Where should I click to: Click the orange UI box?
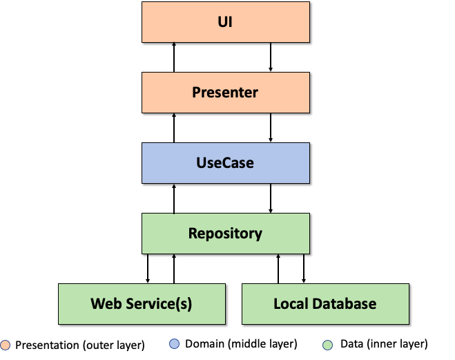225,22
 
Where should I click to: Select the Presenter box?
225,93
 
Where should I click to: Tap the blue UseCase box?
225,163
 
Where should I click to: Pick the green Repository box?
225,234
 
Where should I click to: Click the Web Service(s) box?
142,304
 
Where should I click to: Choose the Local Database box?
325,304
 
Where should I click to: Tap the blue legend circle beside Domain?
175,343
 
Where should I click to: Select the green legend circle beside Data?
327,344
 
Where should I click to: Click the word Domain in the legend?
204,344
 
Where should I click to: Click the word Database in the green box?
343,304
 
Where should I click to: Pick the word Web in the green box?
106,304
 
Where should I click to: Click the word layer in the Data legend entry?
414,344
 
